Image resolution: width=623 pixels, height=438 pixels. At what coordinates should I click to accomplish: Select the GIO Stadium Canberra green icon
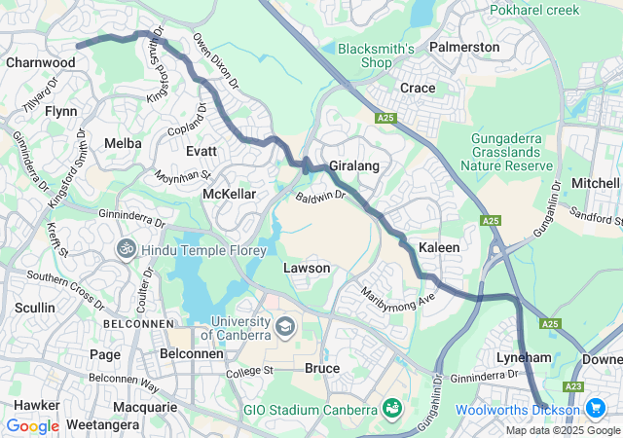tap(392, 407)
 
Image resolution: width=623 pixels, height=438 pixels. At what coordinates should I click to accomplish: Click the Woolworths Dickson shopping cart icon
tap(595, 409)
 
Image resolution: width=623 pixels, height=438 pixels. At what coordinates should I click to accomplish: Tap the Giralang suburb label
tap(353, 166)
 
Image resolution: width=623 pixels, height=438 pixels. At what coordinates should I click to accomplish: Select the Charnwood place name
tap(40, 62)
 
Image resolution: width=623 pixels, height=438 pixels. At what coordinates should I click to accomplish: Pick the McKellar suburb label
tap(229, 195)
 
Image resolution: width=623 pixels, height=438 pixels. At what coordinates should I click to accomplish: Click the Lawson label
tap(307, 268)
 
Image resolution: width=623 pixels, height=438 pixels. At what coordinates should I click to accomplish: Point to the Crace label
tap(418, 88)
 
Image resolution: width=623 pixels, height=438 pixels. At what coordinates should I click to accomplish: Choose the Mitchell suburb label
tap(596, 183)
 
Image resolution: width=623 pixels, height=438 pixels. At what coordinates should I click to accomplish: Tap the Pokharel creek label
tap(533, 11)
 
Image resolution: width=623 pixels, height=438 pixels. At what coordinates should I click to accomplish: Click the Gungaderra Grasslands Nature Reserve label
tap(511, 152)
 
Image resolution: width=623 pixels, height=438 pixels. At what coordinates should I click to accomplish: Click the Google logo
tap(32, 425)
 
